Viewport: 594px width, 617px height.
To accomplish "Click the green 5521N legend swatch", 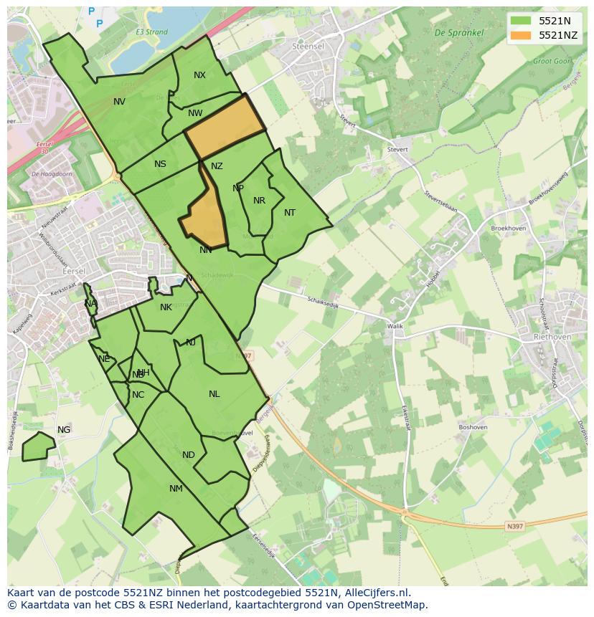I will coord(522,21).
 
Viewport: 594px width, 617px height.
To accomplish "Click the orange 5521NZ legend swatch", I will coord(522,35).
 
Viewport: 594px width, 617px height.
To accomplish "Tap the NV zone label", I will coord(119,102).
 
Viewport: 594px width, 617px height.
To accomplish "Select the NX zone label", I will coord(199,75).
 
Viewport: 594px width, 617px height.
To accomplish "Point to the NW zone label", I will coord(195,113).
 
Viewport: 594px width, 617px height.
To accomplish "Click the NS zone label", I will coord(160,164).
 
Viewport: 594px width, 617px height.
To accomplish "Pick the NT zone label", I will coord(290,213).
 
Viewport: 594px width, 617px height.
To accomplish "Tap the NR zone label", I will coord(259,201).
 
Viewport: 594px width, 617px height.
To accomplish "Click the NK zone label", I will coord(166,307).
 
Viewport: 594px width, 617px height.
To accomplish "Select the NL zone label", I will coord(214,394).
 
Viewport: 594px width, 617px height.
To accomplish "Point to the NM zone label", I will coord(176,489).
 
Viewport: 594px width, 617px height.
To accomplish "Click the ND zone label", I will coord(189,455).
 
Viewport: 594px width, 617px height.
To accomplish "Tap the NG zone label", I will coord(64,430).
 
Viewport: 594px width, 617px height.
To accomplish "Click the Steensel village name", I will coord(308,46).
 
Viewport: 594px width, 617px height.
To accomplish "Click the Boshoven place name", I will coord(473,427).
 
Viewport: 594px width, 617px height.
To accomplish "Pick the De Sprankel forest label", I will coord(459,33).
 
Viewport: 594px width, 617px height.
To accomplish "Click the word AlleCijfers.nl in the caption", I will coord(375,593).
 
